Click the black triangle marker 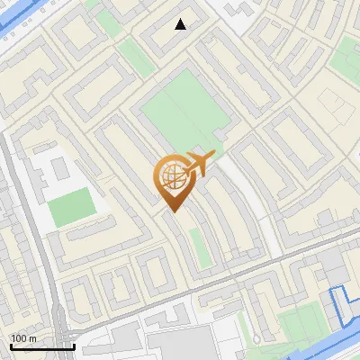181,24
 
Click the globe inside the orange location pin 172,175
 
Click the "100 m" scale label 23,338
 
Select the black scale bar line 42,346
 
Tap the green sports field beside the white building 70,207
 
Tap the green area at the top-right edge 346,63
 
